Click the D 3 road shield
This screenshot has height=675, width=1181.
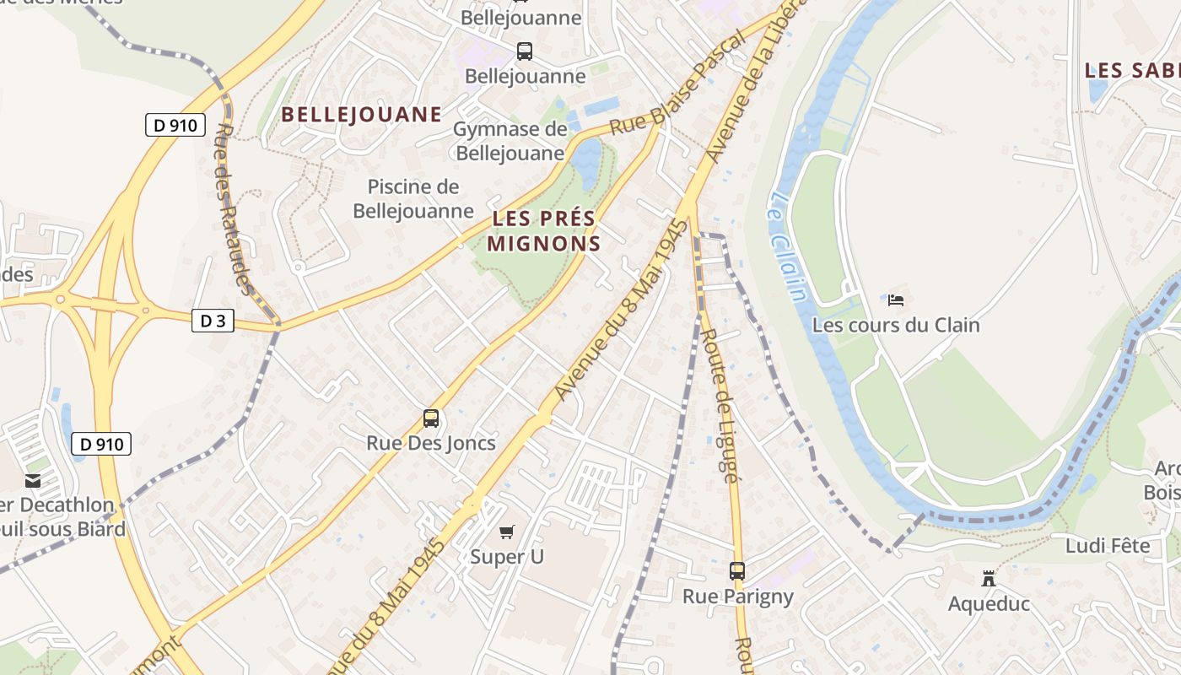[x=213, y=321]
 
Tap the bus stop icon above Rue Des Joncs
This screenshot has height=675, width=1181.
[x=431, y=418]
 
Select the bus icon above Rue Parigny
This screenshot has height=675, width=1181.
[x=737, y=571]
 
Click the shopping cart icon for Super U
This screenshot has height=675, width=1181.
[x=506, y=532]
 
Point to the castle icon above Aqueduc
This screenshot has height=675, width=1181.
[x=988, y=579]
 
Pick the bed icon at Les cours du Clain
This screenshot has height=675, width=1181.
[x=896, y=300]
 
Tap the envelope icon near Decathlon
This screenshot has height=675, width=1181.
[x=33, y=481]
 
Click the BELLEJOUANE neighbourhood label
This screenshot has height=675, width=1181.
[x=361, y=115]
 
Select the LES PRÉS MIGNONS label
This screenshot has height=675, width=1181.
[x=545, y=231]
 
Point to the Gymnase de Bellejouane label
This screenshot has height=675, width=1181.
[x=510, y=141]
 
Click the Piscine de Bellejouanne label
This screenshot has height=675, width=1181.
[x=413, y=198]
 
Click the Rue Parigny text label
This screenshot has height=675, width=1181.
[x=737, y=597]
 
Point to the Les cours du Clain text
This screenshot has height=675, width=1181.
[x=896, y=325]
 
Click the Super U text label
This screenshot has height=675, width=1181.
[x=506, y=557]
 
